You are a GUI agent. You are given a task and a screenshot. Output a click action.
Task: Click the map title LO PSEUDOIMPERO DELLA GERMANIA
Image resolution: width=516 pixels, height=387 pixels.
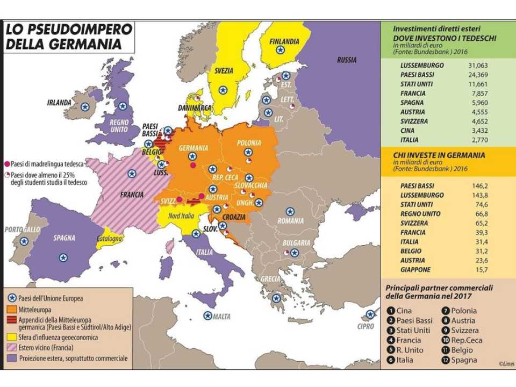[x=63, y=37]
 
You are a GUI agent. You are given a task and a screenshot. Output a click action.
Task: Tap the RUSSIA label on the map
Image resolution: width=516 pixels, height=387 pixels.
[x=347, y=60]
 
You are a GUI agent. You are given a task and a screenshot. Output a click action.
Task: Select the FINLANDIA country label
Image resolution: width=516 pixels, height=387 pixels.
[x=284, y=41]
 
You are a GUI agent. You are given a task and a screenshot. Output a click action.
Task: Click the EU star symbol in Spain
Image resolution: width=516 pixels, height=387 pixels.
[x=63, y=257]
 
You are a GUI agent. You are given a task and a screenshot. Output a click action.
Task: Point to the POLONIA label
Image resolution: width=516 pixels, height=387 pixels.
[x=248, y=143]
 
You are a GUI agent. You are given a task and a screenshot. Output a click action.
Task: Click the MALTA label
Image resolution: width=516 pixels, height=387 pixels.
[x=221, y=316]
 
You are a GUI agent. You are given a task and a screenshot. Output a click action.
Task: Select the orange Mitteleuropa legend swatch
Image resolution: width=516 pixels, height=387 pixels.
[x=11, y=310]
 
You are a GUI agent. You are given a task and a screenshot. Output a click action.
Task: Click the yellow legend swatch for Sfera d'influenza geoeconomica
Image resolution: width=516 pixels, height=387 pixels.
[x=11, y=338]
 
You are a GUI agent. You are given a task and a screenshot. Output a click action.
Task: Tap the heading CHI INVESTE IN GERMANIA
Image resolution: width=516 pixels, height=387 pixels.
[x=439, y=155]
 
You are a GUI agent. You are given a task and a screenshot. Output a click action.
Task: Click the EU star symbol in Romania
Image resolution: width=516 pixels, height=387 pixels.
[x=290, y=212]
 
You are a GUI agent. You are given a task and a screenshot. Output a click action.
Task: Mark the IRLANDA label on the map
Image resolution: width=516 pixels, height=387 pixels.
[x=59, y=102]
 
